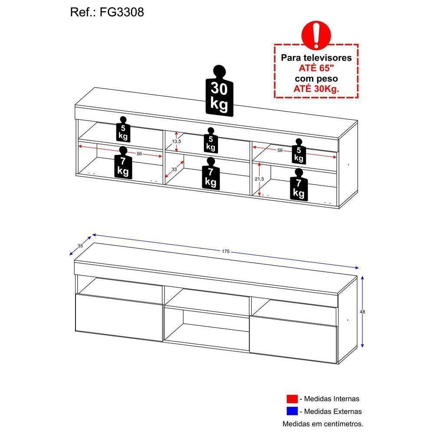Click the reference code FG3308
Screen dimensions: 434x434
(122, 13)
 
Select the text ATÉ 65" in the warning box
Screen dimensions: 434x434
(316, 68)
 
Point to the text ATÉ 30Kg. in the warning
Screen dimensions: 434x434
(316, 89)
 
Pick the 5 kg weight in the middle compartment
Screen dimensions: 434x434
(210, 141)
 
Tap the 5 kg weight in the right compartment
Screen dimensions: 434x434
(299, 152)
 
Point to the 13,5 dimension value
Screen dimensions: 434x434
(176, 141)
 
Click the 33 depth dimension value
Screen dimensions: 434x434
(174, 170)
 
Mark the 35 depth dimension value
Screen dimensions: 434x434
(80, 246)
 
